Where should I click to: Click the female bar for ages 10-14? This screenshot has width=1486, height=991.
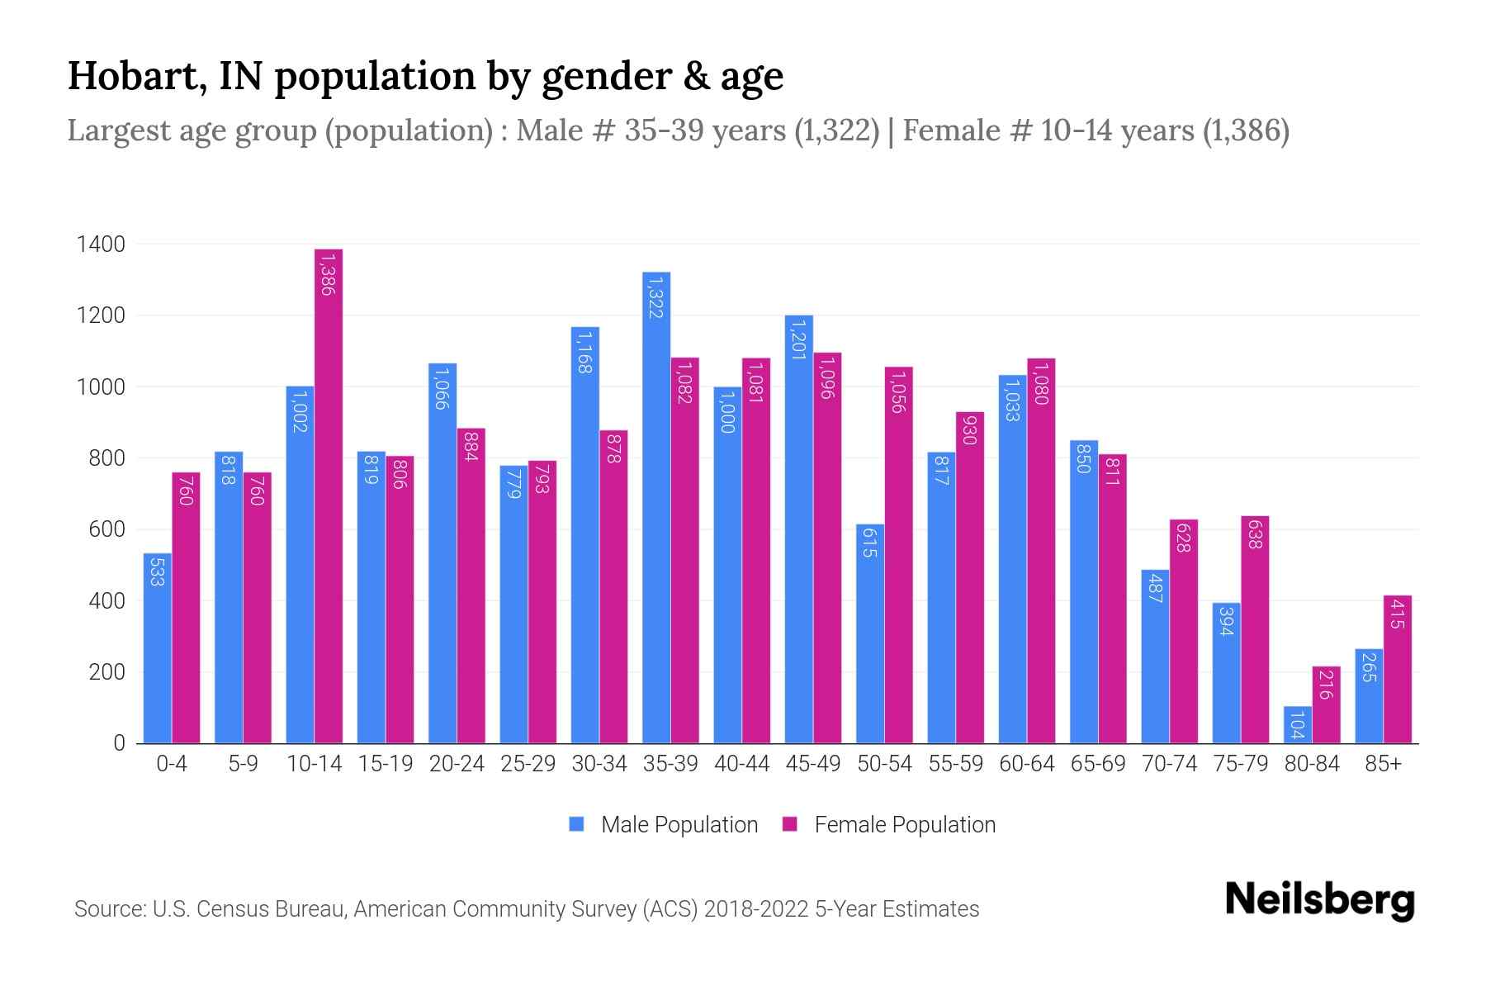click(x=329, y=495)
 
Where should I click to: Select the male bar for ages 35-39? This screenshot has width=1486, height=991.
click(x=656, y=508)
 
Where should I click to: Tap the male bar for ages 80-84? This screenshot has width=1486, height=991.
click(x=1298, y=725)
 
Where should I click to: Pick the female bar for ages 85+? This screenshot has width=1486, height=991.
click(x=1398, y=669)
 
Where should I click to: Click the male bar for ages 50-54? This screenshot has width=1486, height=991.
click(x=870, y=633)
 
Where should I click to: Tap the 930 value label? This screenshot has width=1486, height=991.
click(x=970, y=429)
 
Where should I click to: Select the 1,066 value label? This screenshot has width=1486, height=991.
click(x=442, y=388)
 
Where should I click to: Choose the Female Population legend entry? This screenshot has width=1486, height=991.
click(x=889, y=824)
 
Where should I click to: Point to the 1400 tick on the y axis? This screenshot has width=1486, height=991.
click(x=101, y=244)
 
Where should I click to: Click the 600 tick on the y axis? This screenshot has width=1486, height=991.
click(x=106, y=529)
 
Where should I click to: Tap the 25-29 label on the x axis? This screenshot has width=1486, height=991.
click(x=528, y=764)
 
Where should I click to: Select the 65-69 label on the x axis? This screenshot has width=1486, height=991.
click(x=1098, y=764)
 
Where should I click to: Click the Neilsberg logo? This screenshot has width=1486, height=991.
click(x=1319, y=900)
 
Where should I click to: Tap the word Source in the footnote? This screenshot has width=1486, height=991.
click(x=107, y=909)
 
